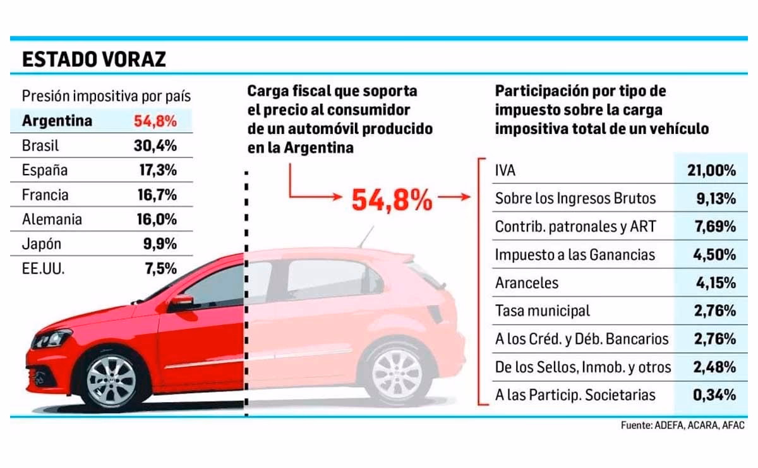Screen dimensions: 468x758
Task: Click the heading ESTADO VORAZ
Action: pos(93,59)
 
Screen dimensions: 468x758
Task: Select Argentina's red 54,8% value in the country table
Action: pos(155,121)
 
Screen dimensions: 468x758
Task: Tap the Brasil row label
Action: pos(40,145)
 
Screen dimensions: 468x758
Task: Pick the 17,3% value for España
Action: pos(157,170)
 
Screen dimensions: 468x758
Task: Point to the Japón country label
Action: pos(42,244)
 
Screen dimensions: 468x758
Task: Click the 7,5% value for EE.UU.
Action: pos(160,269)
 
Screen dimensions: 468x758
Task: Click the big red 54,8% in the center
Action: pos(392,200)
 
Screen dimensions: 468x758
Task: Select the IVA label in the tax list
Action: pos(506,170)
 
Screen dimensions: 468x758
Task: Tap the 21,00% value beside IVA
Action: pos(711,170)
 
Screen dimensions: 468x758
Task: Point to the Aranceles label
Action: pos(527,283)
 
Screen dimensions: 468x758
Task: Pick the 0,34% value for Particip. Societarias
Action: pos(714,395)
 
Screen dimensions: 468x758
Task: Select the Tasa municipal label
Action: pos(543,311)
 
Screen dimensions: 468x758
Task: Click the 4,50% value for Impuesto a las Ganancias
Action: pos(714,255)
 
